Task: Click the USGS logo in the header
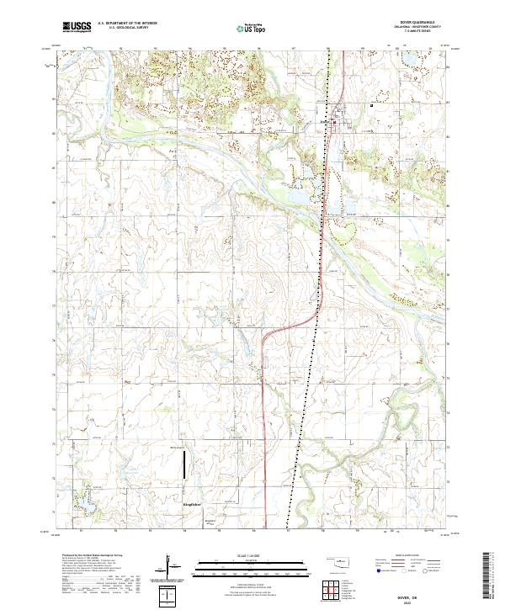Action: coord(77,28)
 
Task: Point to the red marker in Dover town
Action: coord(334,125)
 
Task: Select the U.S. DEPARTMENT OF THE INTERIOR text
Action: coord(127,24)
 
